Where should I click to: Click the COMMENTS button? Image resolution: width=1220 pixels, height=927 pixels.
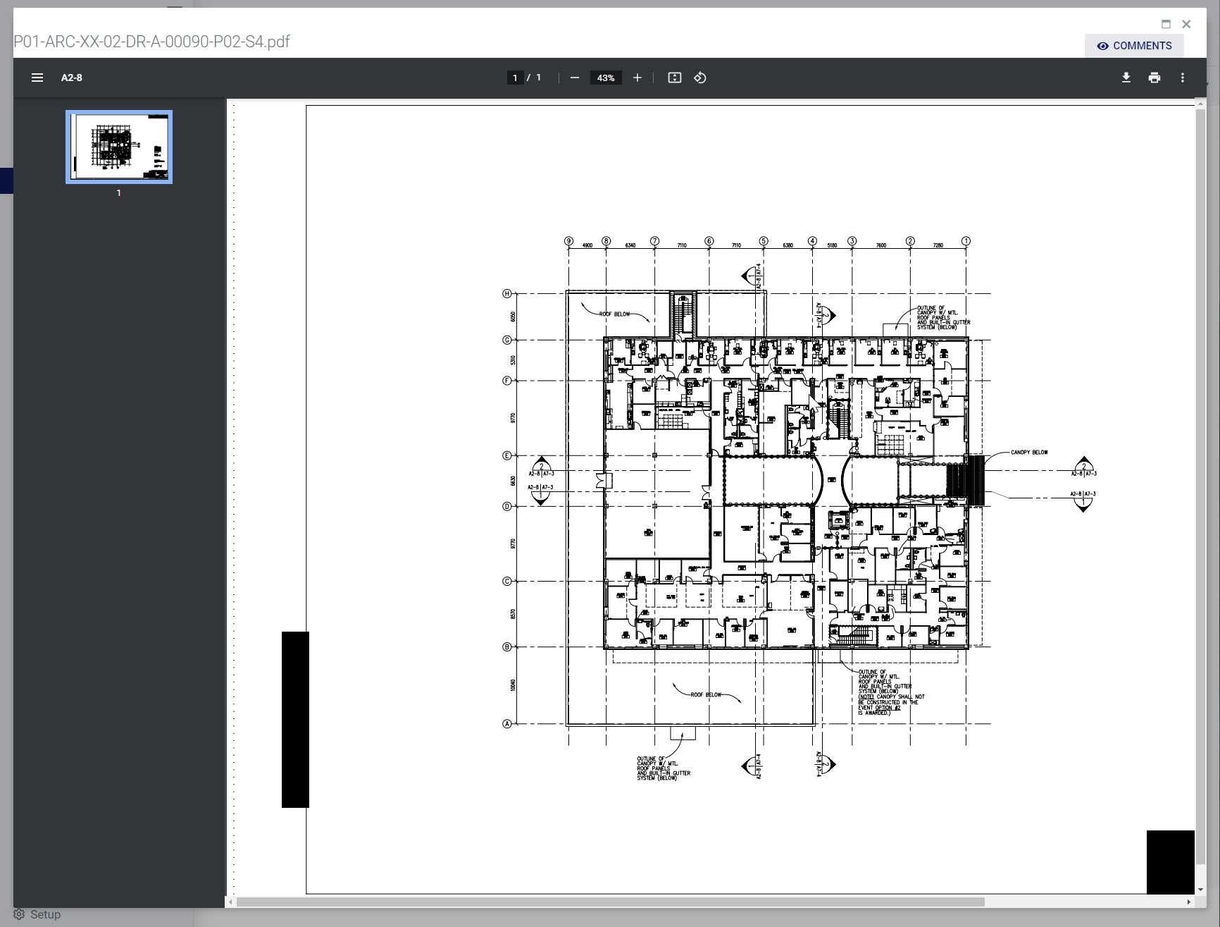click(1134, 46)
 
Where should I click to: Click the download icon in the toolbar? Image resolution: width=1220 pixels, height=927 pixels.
click(1126, 78)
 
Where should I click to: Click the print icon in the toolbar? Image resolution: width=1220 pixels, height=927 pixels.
click(1154, 78)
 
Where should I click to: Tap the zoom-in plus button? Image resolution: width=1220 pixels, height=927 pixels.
click(637, 78)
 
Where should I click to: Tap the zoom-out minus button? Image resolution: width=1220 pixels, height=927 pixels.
click(575, 78)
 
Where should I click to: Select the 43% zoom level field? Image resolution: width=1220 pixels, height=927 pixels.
click(606, 78)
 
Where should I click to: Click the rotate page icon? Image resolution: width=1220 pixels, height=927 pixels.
click(699, 78)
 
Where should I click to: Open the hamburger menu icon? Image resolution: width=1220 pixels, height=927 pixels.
click(37, 78)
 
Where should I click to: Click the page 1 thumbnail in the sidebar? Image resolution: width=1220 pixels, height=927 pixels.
click(119, 147)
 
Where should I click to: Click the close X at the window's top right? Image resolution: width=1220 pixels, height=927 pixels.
click(1186, 24)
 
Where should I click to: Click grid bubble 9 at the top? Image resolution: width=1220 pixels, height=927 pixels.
click(568, 241)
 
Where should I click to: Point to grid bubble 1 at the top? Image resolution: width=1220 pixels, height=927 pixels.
click(966, 241)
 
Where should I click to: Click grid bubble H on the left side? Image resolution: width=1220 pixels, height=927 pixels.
click(506, 293)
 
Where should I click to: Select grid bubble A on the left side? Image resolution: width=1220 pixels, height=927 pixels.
click(506, 724)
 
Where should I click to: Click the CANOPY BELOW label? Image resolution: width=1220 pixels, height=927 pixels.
click(1028, 453)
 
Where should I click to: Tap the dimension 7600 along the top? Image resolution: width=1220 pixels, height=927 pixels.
click(880, 245)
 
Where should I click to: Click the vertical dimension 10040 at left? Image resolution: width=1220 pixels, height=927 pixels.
click(513, 684)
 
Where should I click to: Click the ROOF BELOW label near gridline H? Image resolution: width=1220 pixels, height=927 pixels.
click(614, 314)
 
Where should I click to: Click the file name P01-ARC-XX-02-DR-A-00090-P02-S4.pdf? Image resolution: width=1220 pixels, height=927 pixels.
click(151, 42)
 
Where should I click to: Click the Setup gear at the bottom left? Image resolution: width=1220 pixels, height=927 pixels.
click(19, 914)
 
